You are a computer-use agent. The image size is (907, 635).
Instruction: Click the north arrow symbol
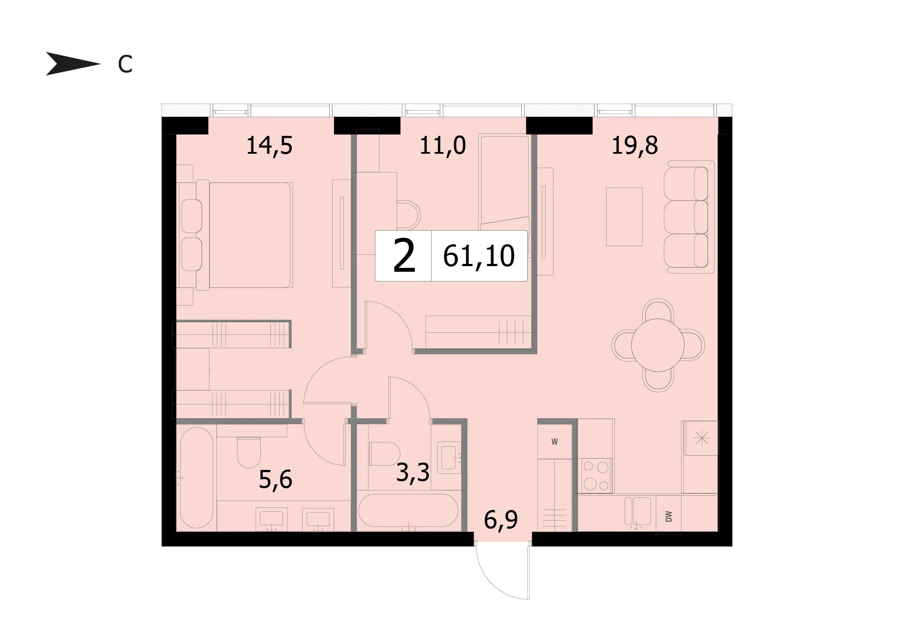pyautogui.click(x=72, y=64)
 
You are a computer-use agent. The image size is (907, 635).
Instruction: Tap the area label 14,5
pyautogui.click(x=269, y=145)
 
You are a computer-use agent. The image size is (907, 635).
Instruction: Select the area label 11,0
pyautogui.click(x=442, y=145)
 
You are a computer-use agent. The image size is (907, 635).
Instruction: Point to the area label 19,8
pyautogui.click(x=634, y=145)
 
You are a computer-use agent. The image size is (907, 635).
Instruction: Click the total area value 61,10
pyautogui.click(x=479, y=256)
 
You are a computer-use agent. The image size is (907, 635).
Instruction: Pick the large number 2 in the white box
pyautogui.click(x=404, y=257)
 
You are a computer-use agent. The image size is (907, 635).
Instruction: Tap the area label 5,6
pyautogui.click(x=275, y=480)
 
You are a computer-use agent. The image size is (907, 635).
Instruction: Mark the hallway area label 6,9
pyautogui.click(x=501, y=520)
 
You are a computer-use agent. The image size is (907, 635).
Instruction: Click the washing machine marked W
pyautogui.click(x=555, y=442)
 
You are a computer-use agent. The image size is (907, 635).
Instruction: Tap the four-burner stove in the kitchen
pyautogui.click(x=595, y=476)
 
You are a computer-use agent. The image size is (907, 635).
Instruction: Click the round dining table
pyautogui.click(x=658, y=345)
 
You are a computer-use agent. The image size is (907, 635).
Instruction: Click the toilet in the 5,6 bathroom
pyautogui.click(x=249, y=452)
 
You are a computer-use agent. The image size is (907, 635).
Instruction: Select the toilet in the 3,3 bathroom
pyautogui.click(x=384, y=454)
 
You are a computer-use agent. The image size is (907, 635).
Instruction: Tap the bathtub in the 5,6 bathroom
pyautogui.click(x=196, y=477)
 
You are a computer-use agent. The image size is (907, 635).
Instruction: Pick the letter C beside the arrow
pyautogui.click(x=125, y=64)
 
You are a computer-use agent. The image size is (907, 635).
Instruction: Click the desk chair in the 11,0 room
pyautogui.click(x=408, y=214)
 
